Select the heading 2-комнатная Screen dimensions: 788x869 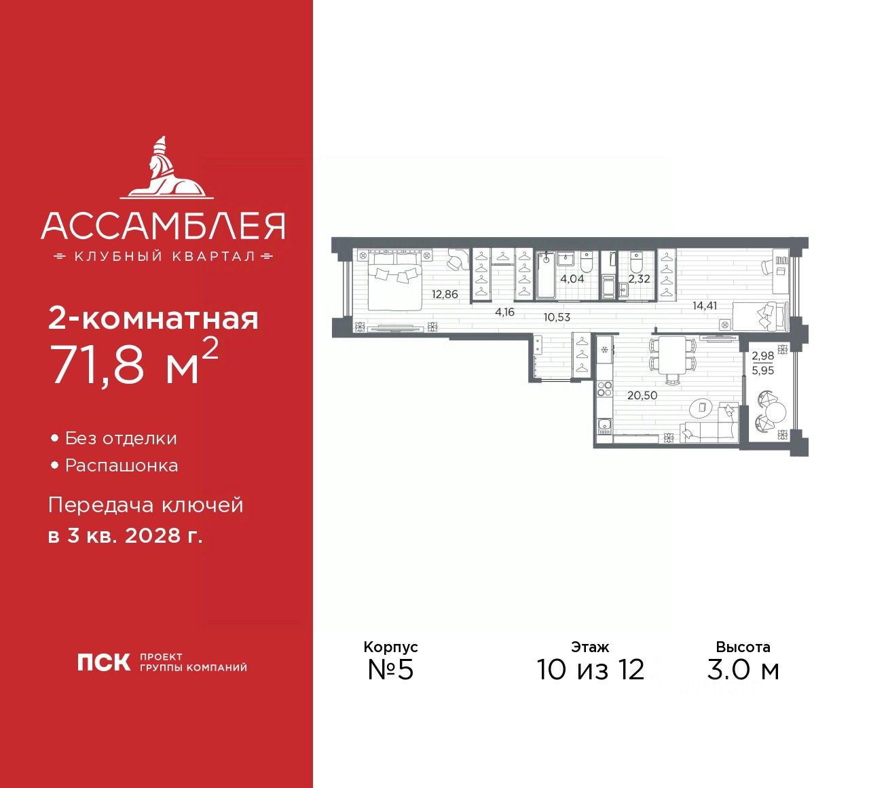point(153,318)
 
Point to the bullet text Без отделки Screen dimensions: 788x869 point(121,439)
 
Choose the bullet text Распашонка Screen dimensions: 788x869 point(122,466)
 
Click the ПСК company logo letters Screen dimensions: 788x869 point(104,662)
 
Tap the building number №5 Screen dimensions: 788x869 point(390,670)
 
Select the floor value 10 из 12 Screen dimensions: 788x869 point(590,670)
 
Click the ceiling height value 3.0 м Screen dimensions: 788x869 point(743,670)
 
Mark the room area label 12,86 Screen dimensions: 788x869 point(445,295)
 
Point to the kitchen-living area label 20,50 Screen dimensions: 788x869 point(642,395)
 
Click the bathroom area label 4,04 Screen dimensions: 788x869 point(572,279)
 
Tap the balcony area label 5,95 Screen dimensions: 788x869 point(762,371)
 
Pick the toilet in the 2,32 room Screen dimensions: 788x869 point(636,261)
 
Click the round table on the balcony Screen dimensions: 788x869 point(776,412)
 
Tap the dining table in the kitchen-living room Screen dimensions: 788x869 point(673,354)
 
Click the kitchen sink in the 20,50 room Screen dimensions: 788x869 point(604,427)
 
